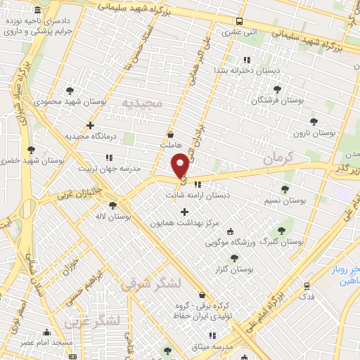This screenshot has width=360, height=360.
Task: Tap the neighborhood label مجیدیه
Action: (x=142, y=103)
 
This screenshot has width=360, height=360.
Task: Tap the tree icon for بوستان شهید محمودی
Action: (x=69, y=91)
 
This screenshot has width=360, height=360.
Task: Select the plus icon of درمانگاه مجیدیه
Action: (x=89, y=124)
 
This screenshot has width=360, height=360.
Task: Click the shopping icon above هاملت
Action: (x=171, y=134)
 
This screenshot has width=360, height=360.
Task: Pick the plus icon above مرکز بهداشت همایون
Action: (x=185, y=212)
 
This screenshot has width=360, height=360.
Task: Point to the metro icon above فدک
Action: (x=307, y=286)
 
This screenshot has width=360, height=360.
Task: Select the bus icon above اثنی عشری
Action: (x=240, y=21)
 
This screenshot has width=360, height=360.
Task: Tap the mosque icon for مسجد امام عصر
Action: (x=47, y=333)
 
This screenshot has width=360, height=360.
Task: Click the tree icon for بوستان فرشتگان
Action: (x=277, y=90)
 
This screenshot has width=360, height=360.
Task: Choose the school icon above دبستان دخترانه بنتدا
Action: (x=246, y=60)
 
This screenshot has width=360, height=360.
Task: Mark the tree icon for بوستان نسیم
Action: (x=284, y=189)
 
